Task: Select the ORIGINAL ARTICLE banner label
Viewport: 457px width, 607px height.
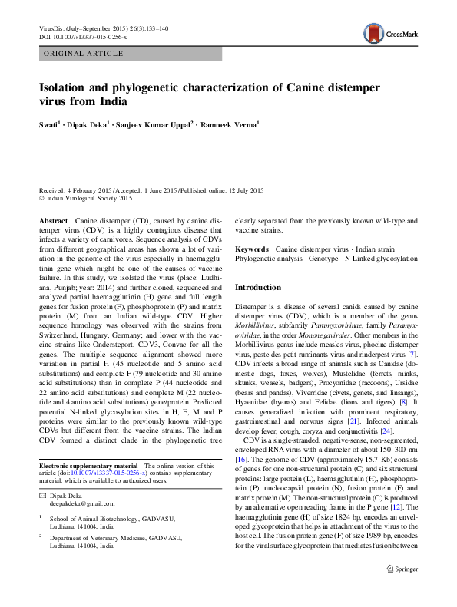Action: [x=83, y=54]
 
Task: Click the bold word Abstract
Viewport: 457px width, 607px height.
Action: [x=53, y=219]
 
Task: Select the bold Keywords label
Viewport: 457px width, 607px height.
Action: [x=252, y=249]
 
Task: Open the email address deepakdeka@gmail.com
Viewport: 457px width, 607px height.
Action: [x=82, y=504]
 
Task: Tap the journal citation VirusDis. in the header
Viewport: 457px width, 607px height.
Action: [x=54, y=28]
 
